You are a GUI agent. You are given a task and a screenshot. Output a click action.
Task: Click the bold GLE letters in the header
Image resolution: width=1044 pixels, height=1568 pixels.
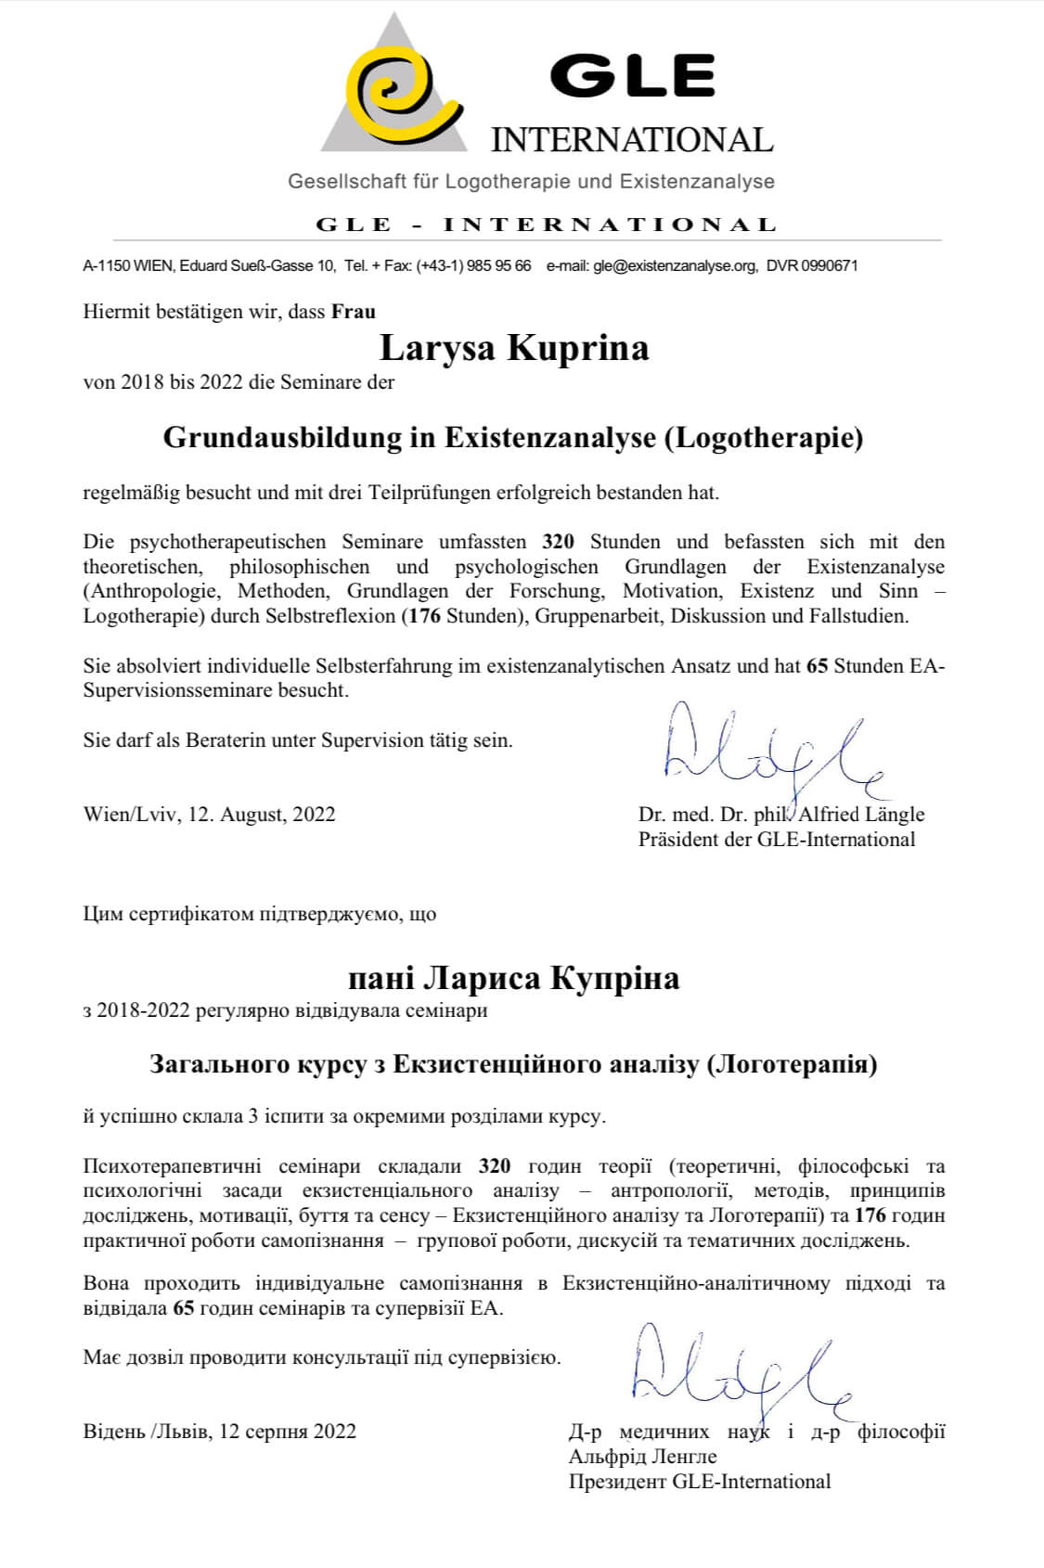632,75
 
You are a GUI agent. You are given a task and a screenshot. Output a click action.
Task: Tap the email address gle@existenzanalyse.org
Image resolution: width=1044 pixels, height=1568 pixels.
675,266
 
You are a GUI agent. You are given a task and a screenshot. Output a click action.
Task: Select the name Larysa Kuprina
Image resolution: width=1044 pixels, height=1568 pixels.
514,348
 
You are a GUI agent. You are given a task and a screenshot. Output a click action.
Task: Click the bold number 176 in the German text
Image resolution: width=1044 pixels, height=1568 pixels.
424,616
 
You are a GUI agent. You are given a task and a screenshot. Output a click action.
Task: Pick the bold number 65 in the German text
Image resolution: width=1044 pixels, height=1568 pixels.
817,666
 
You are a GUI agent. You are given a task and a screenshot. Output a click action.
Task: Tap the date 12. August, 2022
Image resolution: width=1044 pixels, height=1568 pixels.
262,815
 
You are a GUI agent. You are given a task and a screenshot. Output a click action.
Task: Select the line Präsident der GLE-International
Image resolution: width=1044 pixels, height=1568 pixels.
776,840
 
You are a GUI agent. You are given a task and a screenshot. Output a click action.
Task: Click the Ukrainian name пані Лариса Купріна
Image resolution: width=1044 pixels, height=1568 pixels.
513,978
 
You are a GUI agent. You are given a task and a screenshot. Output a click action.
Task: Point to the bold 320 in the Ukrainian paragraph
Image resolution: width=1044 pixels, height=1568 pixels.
495,1166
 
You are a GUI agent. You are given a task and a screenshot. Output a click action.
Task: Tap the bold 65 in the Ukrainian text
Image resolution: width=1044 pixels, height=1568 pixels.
184,1309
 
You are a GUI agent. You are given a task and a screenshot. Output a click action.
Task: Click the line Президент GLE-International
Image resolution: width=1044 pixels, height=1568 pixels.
700,1482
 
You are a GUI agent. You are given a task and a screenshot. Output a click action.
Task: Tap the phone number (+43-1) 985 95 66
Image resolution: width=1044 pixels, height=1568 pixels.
474,266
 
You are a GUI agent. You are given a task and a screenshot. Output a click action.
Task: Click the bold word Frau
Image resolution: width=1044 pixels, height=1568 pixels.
354,312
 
